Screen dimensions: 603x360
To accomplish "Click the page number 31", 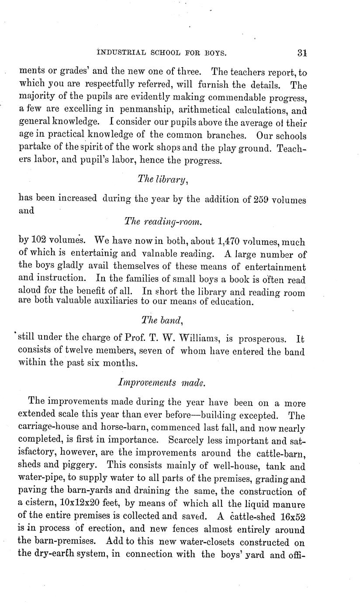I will [x=302, y=53].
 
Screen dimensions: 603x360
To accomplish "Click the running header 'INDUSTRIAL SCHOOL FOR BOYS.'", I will [x=161, y=53].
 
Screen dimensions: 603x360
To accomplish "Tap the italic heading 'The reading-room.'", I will [x=163, y=222].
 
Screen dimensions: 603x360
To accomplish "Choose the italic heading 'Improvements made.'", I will [x=162, y=382].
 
